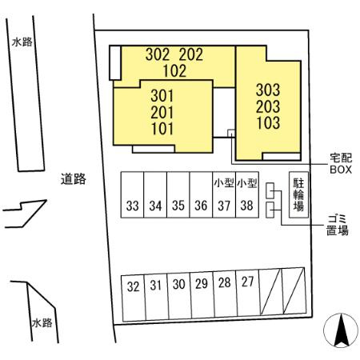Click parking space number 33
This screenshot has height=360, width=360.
coord(132,194)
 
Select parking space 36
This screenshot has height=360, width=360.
coord(201,194)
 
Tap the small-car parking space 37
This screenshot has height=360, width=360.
coord(224,194)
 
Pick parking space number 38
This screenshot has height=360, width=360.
coord(247,194)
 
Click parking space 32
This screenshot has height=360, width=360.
coord(134,298)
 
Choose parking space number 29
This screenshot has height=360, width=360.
coord(202,295)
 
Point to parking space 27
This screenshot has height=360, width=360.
coord(248,293)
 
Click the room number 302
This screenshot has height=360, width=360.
coord(158,54)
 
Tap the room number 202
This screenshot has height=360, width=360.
coord(191,54)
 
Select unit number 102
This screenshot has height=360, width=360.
coord(174,71)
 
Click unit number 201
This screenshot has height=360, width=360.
coord(162,112)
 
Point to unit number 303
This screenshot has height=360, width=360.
coord(268,90)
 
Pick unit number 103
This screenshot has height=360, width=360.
coord(268,123)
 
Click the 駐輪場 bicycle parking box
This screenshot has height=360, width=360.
coord(298,194)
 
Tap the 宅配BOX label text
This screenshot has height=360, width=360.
coord(341,164)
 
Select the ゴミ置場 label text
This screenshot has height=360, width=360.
coord(338,225)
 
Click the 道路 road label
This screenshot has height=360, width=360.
coord(74,179)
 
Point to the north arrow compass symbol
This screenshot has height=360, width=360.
coord(341,330)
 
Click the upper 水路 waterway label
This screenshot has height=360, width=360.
coord(22,42)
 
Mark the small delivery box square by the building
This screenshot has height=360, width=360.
coord(231,133)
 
